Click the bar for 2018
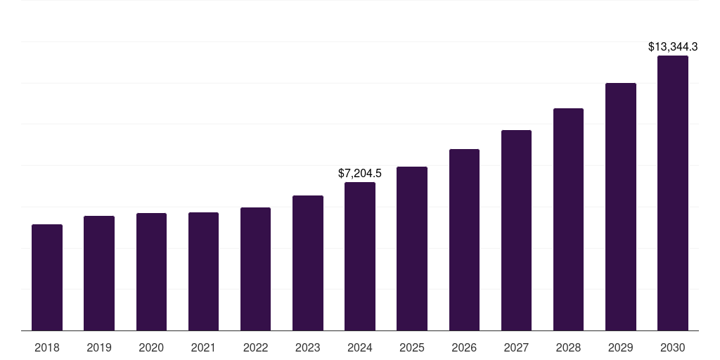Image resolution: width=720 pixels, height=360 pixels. (47, 278)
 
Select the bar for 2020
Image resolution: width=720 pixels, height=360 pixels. (151, 272)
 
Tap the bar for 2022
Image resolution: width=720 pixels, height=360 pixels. (255, 269)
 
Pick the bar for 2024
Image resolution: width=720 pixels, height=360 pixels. (360, 257)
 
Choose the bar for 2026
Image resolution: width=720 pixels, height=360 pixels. (464, 240)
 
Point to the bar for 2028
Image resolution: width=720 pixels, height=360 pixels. (568, 219)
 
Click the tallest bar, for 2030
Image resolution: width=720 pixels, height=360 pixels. (672, 193)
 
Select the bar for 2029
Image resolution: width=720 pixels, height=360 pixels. (620, 207)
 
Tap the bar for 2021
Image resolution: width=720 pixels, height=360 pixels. (203, 271)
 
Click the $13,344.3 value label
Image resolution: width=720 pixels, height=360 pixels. (672, 47)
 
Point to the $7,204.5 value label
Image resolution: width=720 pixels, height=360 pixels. (360, 173)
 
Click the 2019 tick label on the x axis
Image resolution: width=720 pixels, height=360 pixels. (99, 347)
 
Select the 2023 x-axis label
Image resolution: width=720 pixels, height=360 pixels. (307, 347)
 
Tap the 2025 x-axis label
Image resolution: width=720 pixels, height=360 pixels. (412, 347)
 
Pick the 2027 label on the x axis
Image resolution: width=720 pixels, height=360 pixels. (516, 347)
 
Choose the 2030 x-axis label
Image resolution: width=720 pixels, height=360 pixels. (672, 347)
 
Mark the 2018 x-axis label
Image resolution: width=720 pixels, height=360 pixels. (47, 347)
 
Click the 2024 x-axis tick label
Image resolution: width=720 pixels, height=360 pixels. (360, 347)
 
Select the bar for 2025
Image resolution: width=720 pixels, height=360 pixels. (412, 249)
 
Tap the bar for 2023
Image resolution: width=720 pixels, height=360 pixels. (307, 263)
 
